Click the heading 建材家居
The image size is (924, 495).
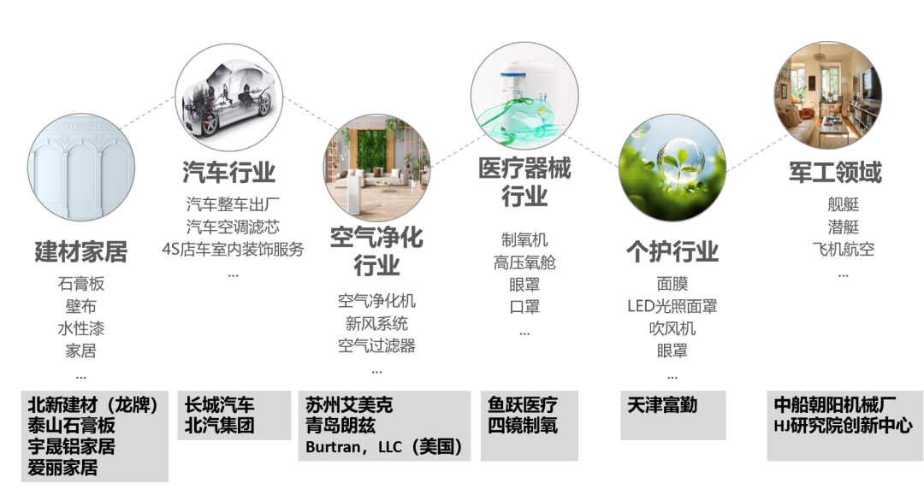[80, 252]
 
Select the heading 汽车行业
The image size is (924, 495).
[228, 172]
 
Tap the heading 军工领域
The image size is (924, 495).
[834, 172]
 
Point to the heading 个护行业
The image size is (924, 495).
[672, 251]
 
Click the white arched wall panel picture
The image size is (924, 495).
[80, 168]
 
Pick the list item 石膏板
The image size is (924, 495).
[80, 284]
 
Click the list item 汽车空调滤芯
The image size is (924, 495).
[233, 227]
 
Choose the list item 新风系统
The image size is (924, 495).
[376, 324]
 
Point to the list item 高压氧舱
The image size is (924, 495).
[524, 263]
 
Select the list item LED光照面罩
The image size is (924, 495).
[672, 306]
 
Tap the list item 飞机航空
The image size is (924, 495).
[843, 250]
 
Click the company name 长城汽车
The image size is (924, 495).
[220, 405]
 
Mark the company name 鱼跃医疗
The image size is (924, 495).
[523, 405]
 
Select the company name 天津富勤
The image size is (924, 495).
[662, 405]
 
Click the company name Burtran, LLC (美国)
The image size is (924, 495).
[384, 446]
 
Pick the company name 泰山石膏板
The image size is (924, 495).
[71, 426]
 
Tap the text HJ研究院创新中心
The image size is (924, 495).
[843, 426]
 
